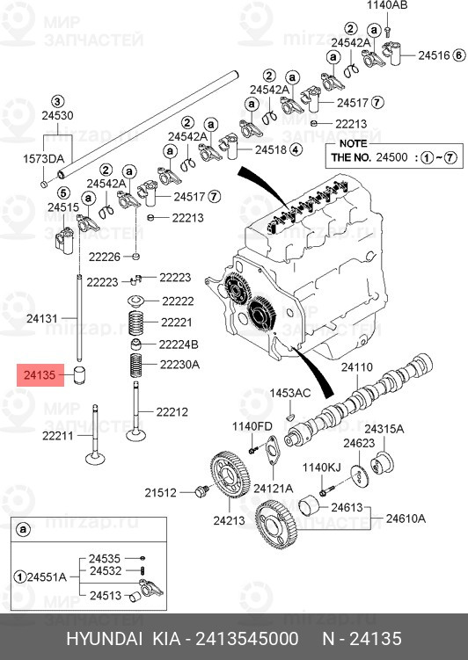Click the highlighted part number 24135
pos(40,374)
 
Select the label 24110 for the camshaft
pos(357,367)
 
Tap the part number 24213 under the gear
pos(229,520)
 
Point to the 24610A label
pos(406,519)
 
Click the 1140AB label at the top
pos(387,5)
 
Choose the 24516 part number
pos(434,55)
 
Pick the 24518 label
pos(271,149)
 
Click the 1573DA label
pos(43,159)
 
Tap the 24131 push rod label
pos(41,318)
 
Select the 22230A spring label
pos(179,364)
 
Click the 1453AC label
pos(289,393)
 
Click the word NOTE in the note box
pos(353,143)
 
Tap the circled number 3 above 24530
pos(57,101)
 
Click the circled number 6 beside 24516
pos(459,55)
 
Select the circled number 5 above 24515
pos(63,193)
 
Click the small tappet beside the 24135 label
pos(80,374)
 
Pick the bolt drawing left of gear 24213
pos(201,491)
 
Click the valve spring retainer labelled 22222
pos(136,301)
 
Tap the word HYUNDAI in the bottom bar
pos(105,639)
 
